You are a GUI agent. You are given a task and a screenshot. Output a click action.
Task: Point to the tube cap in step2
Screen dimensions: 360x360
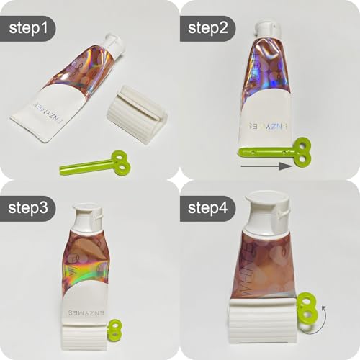coord(266,30)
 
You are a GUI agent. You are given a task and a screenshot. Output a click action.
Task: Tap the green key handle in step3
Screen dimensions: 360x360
coord(114,333)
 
